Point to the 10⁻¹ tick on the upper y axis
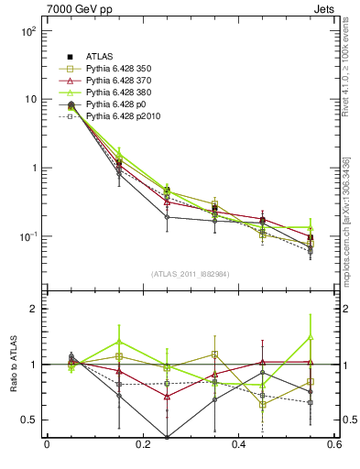[x=28, y=236]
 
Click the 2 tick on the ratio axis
[x=35, y=309]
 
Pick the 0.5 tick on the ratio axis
[x=31, y=420]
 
